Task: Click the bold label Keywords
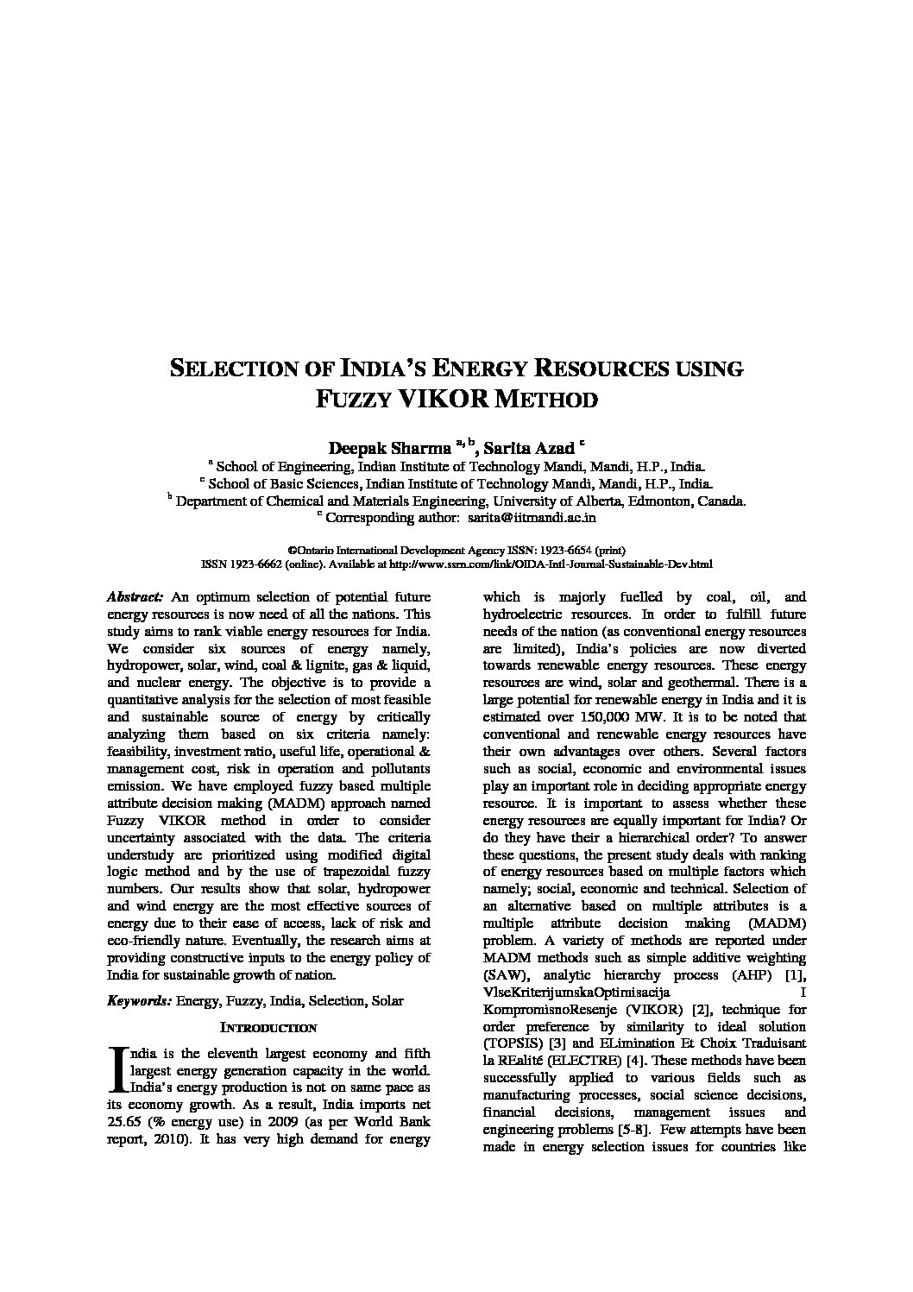139,1001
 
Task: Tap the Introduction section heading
268,1028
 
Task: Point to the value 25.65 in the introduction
125,1122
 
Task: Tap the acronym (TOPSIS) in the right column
511,1043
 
